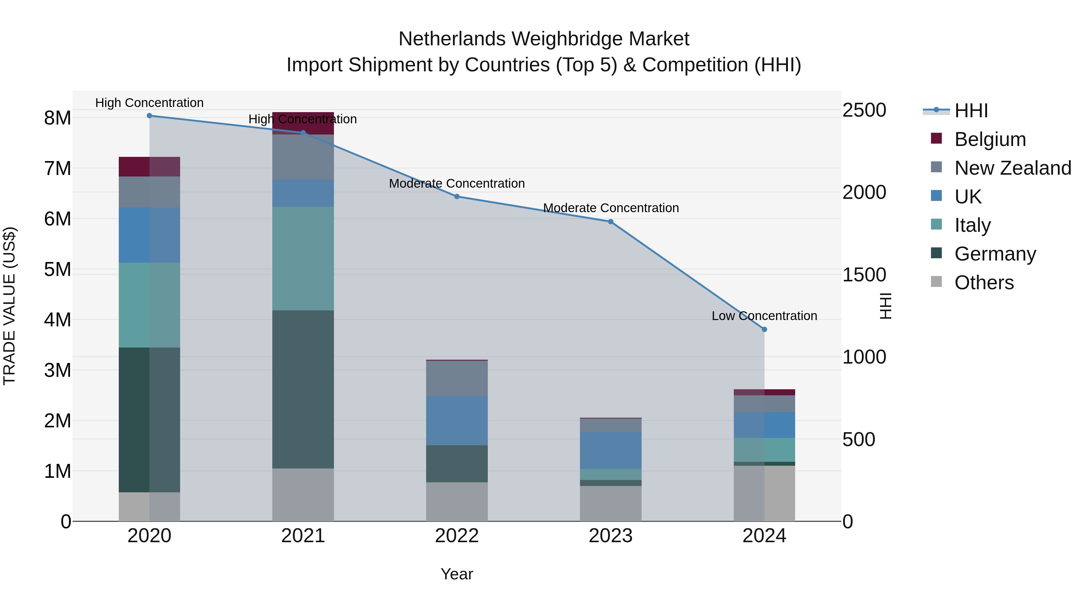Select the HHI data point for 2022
457,196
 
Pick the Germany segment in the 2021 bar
303,389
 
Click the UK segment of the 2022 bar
457,420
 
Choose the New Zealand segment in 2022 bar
457,378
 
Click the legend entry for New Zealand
1012,168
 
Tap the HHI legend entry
970,111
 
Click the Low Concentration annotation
764,316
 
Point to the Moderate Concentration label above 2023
611,208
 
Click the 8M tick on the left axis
57,118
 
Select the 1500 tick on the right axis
864,275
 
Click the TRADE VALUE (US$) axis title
9,306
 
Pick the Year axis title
457,574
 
